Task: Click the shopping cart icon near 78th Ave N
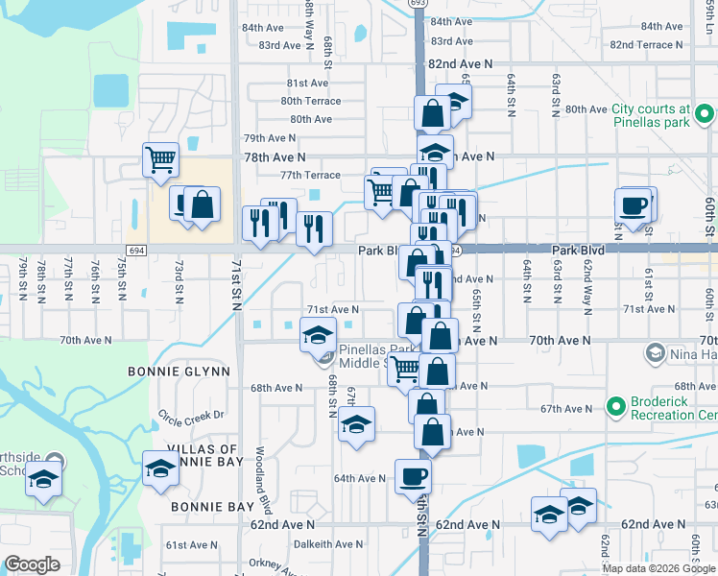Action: [x=159, y=158]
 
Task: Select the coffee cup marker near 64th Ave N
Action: [x=413, y=475]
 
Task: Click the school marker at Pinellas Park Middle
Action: [x=317, y=337]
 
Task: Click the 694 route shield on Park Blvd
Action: [x=137, y=250]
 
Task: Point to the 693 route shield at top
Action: [x=417, y=4]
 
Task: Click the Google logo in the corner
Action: [x=32, y=564]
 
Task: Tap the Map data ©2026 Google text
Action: [x=658, y=568]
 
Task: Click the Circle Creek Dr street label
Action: [x=190, y=415]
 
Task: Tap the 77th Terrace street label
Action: [x=310, y=175]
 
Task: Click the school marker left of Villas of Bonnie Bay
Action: [x=44, y=478]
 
